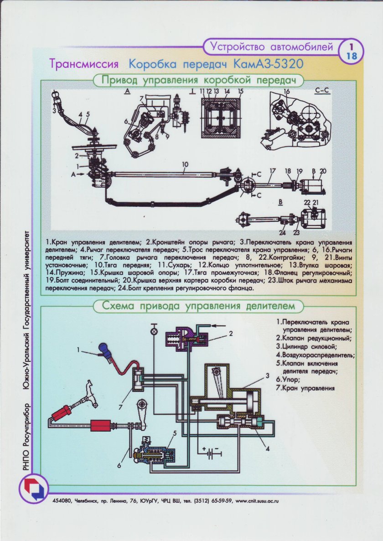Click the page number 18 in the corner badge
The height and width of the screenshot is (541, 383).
352,56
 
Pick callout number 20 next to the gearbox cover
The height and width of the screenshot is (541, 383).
324,171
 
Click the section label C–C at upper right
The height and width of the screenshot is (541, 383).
322,91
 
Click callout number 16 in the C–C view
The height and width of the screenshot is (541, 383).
287,92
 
